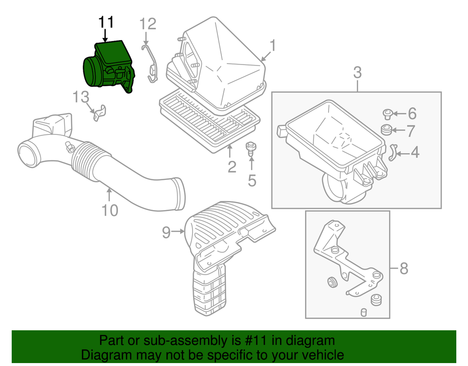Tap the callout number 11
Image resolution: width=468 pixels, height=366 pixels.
point(106,22)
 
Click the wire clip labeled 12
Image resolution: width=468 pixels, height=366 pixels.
point(151,64)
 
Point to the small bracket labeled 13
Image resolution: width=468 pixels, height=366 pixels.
point(100,113)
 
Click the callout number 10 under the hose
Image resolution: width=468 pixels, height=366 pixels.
point(110,211)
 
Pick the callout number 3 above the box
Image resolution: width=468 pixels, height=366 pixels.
point(357,73)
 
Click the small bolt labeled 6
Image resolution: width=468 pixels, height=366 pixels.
point(387,114)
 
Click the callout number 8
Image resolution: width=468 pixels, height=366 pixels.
point(404,268)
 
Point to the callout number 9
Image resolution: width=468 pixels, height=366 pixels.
point(166,233)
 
